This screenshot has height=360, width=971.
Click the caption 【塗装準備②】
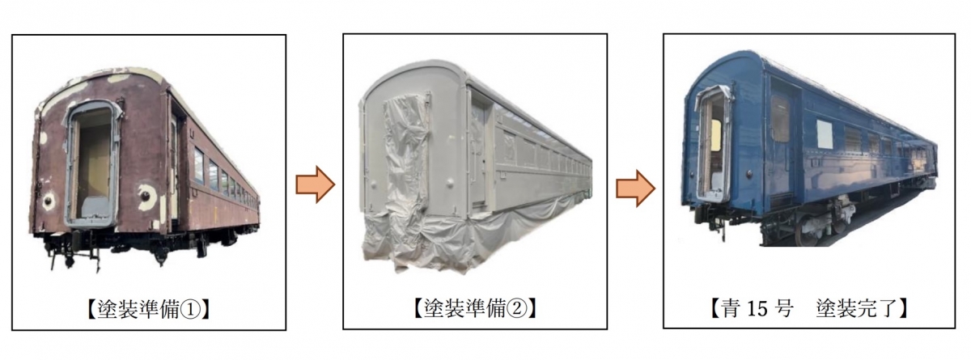point(474,308)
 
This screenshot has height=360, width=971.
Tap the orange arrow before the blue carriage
point(635,188)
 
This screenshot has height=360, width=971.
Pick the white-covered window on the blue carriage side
point(824,134)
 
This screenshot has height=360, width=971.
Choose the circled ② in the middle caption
point(521,308)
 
